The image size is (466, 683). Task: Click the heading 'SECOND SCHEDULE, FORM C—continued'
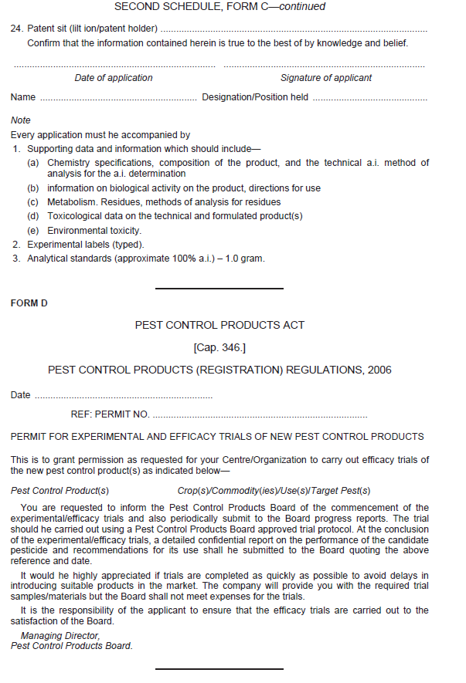pyautogui.click(x=219, y=7)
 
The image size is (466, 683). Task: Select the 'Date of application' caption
pyautogui.click(x=114, y=78)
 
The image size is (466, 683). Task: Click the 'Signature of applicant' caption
pyautogui.click(x=325, y=78)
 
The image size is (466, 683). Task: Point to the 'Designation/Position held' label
pyautogui.click(x=255, y=97)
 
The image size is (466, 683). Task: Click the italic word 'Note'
pyautogui.click(x=21, y=120)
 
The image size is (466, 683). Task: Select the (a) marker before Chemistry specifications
pyautogui.click(x=34, y=163)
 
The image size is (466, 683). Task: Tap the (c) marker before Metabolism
pyautogui.click(x=34, y=202)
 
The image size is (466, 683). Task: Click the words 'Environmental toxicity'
pyautogui.click(x=94, y=231)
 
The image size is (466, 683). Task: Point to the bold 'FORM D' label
pyautogui.click(x=29, y=303)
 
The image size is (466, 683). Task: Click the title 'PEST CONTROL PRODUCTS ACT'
pyautogui.click(x=219, y=326)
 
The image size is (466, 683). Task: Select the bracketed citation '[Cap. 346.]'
pyautogui.click(x=219, y=348)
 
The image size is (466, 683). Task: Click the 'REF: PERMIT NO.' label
pyautogui.click(x=110, y=414)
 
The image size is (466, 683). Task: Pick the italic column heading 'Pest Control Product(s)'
pyautogui.click(x=60, y=491)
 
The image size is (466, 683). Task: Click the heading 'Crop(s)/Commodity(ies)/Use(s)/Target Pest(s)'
pyautogui.click(x=274, y=491)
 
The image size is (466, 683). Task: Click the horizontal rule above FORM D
pyautogui.click(x=219, y=289)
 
